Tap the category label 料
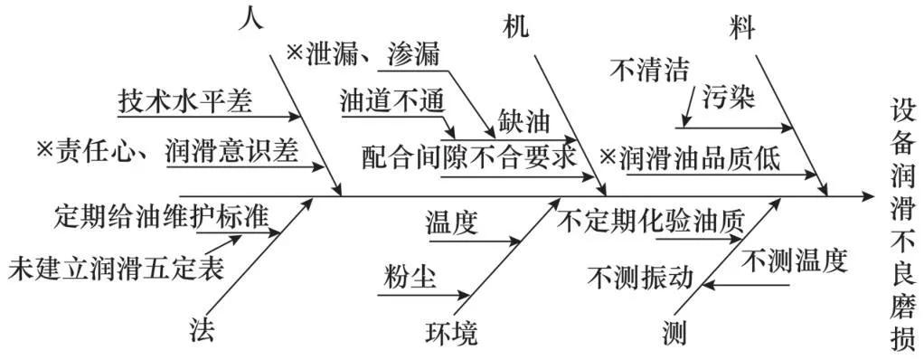pyautogui.click(x=743, y=26)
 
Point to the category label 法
pyautogui.click(x=204, y=329)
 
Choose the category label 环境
pyautogui.click(x=452, y=333)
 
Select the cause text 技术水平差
pyautogui.click(x=186, y=101)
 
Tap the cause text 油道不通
pyautogui.click(x=392, y=100)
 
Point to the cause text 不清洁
pyautogui.click(x=650, y=70)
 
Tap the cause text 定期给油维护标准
pyautogui.click(x=162, y=217)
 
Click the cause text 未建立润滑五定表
pyautogui.click(x=116, y=269)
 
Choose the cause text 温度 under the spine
pyautogui.click(x=452, y=222)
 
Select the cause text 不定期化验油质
pyautogui.click(x=652, y=222)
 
